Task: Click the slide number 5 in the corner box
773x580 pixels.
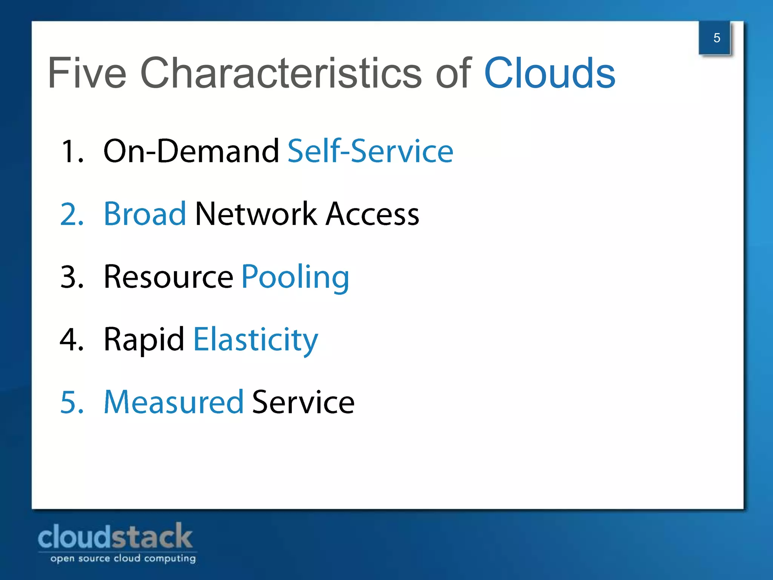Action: (716, 38)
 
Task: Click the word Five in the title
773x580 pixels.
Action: (87, 73)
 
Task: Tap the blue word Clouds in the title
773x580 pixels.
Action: (549, 73)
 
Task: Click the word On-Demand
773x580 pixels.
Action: (191, 151)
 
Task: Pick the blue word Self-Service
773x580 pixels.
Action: (370, 151)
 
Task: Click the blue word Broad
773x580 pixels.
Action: (145, 214)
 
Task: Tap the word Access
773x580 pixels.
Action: (372, 214)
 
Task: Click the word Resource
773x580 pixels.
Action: (168, 277)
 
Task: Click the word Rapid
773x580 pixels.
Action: (144, 339)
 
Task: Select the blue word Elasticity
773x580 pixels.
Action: (256, 340)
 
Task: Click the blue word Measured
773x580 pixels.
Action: (174, 402)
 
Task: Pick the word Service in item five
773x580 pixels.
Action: (303, 402)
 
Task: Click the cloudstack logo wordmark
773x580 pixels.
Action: (115, 537)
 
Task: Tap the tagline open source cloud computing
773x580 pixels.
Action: (123, 558)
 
